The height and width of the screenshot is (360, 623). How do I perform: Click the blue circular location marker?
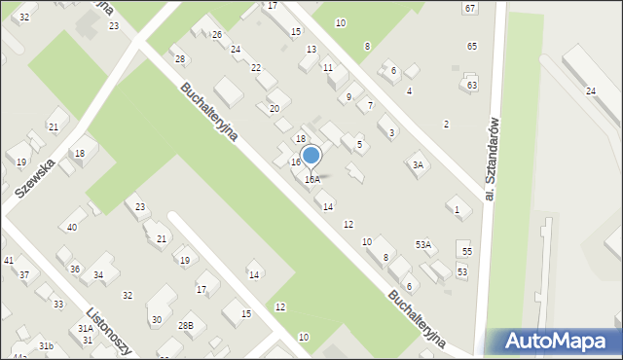click(311, 156)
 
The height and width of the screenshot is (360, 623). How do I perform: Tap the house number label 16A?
click(311, 179)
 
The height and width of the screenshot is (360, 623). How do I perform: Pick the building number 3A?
click(418, 165)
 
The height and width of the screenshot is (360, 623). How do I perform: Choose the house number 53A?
click(423, 245)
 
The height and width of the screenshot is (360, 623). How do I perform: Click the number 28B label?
click(185, 325)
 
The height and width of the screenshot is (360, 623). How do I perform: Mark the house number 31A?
click(86, 329)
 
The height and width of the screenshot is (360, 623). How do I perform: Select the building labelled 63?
click(472, 86)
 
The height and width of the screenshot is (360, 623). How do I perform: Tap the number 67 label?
click(470, 8)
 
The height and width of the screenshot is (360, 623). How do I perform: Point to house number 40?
click(71, 227)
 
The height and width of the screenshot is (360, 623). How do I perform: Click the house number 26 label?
click(217, 35)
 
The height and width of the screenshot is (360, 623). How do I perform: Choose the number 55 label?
click(467, 252)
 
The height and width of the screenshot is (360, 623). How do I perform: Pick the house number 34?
click(98, 275)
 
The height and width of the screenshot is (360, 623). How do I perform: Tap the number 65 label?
click(472, 47)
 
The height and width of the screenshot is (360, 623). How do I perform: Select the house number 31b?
click(45, 346)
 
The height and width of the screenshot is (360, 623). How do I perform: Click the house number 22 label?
click(256, 68)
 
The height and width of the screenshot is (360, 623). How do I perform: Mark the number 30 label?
click(156, 319)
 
